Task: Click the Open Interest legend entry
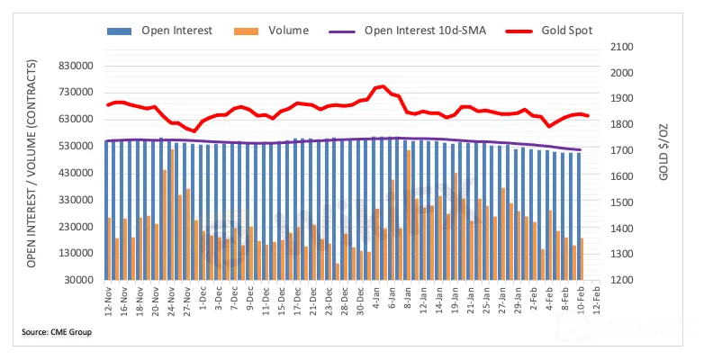pyautogui.click(x=176, y=31)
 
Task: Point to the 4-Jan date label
pyautogui.click(x=375, y=302)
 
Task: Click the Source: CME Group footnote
pyautogui.click(x=57, y=332)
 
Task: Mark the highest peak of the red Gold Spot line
pyautogui.click(x=384, y=86)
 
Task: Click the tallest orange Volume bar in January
pyautogui.click(x=408, y=214)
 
